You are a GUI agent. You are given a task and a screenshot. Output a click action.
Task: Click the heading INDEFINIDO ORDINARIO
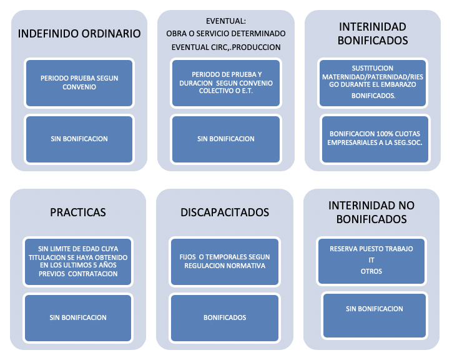point(79,34)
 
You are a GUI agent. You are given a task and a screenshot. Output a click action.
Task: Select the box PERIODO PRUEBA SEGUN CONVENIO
point(79,82)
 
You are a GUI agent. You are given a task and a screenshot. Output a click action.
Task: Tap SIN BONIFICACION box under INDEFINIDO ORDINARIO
point(79,139)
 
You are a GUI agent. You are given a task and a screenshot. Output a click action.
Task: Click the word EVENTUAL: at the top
point(225,20)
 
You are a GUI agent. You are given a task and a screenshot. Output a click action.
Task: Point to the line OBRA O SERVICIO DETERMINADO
point(225,33)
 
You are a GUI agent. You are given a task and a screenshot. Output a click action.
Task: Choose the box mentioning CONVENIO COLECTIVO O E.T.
point(225,82)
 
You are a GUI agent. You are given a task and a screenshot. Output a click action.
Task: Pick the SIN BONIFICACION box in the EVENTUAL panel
point(225,139)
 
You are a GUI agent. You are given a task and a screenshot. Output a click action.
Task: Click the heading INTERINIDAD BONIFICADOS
point(373,34)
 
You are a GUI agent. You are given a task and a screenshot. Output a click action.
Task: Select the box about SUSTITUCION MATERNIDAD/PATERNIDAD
point(373,82)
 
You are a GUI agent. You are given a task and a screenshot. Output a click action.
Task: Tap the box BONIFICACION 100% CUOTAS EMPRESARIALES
point(375,138)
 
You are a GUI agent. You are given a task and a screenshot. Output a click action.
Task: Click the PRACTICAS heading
point(78,212)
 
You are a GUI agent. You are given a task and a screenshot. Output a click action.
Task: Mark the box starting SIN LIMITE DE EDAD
point(78,261)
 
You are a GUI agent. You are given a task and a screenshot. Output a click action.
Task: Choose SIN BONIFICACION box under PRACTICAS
point(78,317)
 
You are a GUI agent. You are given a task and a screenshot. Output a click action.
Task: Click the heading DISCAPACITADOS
point(225,212)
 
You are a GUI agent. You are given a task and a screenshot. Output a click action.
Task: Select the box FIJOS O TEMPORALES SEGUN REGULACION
point(225,261)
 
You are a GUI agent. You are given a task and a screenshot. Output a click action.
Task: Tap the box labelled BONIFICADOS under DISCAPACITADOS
point(225,317)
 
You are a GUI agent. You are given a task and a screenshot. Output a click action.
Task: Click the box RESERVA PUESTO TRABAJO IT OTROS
point(371,260)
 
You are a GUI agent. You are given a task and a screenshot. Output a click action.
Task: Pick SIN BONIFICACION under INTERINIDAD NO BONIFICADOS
point(375,309)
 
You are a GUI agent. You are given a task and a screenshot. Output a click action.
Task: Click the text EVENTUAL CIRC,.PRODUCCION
point(225,47)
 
